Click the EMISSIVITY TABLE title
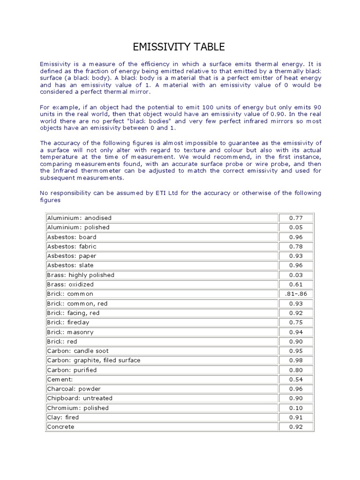180,46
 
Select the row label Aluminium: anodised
79,218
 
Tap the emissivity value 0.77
296,218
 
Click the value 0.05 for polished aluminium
296,227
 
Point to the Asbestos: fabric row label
72,247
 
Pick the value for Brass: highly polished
296,275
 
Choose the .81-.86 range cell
296,294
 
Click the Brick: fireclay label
68,322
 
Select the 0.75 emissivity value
296,322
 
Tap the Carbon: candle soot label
78,351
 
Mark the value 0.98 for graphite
296,360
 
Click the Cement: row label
60,379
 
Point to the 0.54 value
296,379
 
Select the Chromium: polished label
78,408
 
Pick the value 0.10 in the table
296,408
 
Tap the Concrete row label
60,427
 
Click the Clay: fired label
63,417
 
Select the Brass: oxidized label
70,285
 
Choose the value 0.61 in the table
296,285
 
